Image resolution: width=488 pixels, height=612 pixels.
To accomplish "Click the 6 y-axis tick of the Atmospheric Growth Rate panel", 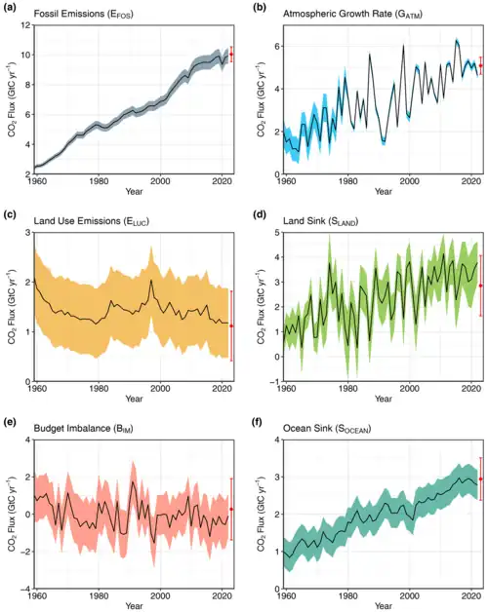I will click(277, 46).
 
